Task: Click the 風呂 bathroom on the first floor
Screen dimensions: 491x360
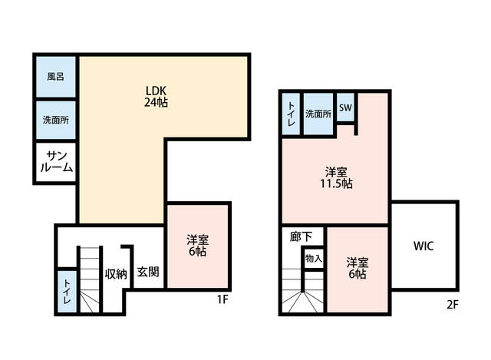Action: point(56,77)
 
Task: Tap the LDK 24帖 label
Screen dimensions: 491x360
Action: point(156,97)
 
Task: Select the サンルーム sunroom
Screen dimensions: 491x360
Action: point(56,162)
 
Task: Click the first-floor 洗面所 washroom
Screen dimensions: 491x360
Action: point(56,120)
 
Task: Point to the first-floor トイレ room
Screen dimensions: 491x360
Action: point(67,292)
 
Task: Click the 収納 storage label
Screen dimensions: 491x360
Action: point(116,273)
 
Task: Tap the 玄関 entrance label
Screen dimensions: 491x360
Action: point(148,272)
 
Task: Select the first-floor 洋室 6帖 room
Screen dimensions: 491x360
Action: point(197,246)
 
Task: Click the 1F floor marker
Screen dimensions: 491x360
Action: point(222,299)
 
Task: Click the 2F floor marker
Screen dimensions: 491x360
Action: point(453,304)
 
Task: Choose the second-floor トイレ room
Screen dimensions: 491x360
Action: point(291,114)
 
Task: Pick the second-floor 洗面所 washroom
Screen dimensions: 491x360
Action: point(318,114)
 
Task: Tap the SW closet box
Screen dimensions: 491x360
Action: point(345,107)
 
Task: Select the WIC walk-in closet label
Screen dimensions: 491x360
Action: point(423,246)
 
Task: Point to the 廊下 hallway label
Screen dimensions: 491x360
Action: point(301,237)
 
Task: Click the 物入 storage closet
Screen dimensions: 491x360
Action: point(314,258)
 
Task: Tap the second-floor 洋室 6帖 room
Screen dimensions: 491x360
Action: point(358,269)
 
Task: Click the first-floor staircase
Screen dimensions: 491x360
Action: point(90,279)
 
